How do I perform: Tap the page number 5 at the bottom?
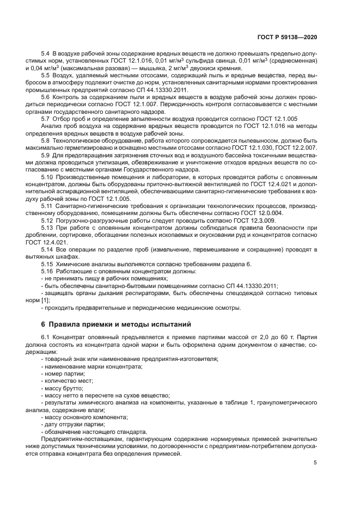[x=315, y=463]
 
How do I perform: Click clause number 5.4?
[x=46, y=54]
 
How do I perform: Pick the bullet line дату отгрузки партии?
[x=72, y=424]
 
